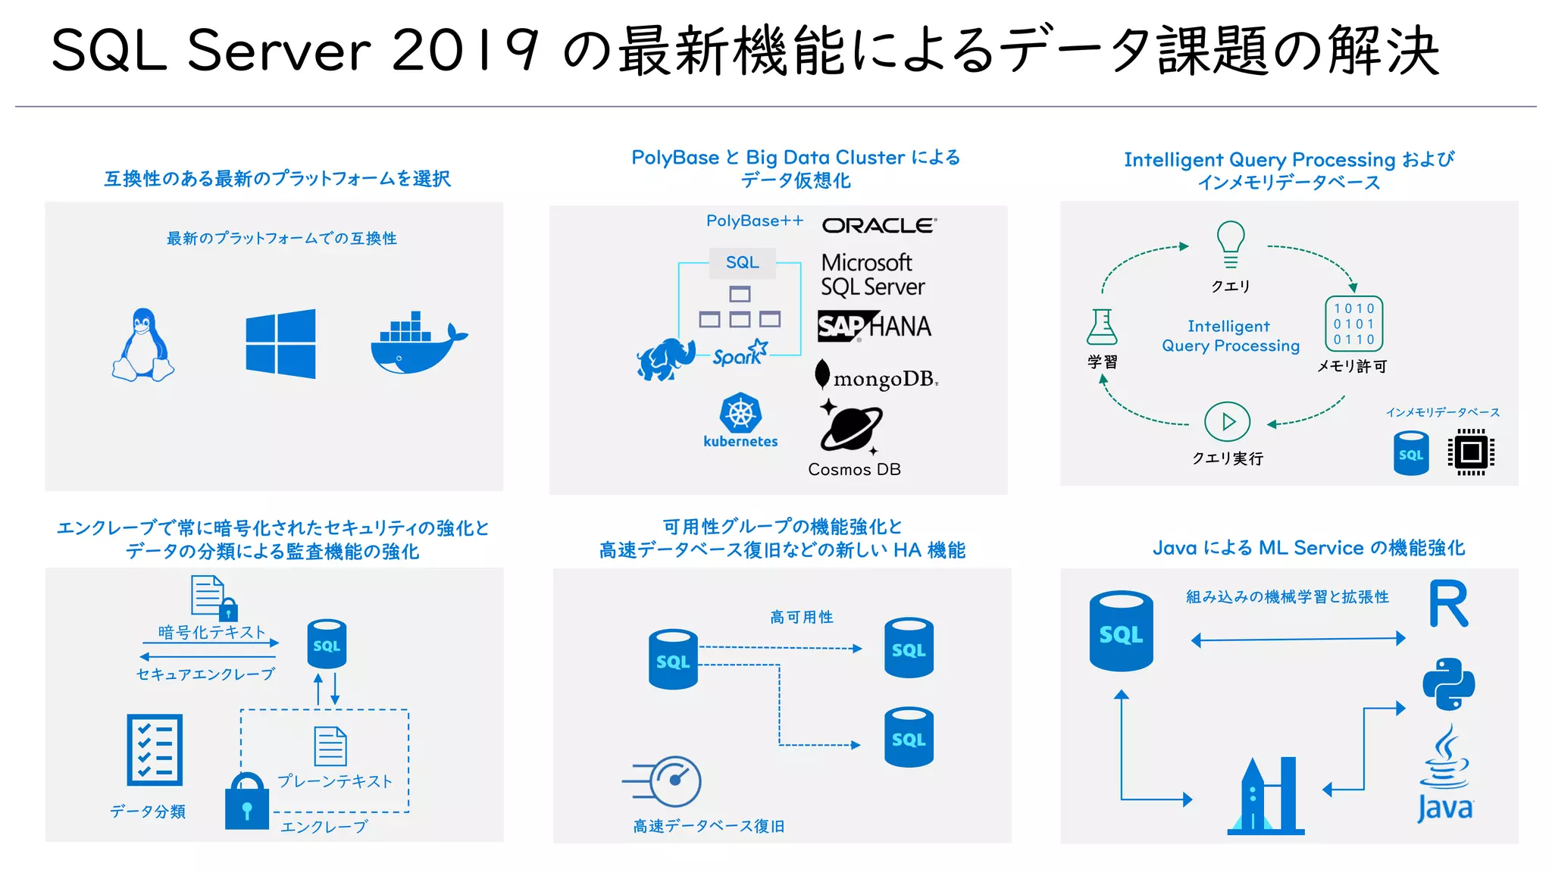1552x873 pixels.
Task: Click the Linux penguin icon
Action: pyautogui.click(x=143, y=345)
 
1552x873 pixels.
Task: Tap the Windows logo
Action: pyautogui.click(x=280, y=343)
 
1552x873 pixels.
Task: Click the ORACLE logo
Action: pyautogui.click(x=879, y=225)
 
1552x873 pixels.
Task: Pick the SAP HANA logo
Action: pyautogui.click(x=874, y=327)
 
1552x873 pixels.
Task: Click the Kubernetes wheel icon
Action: pyautogui.click(x=740, y=414)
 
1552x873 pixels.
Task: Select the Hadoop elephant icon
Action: pyautogui.click(x=665, y=358)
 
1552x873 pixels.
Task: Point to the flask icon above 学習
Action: pyautogui.click(x=1102, y=327)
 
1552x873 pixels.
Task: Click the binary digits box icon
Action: pyautogui.click(x=1353, y=324)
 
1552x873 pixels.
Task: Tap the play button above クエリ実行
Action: pyautogui.click(x=1227, y=421)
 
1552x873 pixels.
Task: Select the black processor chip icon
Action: pyautogui.click(x=1471, y=452)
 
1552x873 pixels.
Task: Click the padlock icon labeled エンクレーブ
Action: pyautogui.click(x=247, y=802)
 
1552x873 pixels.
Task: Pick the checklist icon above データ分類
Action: pyautogui.click(x=155, y=749)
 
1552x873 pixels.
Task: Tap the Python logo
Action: pyautogui.click(x=1448, y=684)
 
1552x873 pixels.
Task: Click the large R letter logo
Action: pyautogui.click(x=1448, y=604)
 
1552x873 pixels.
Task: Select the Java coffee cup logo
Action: pyautogui.click(x=1445, y=773)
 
